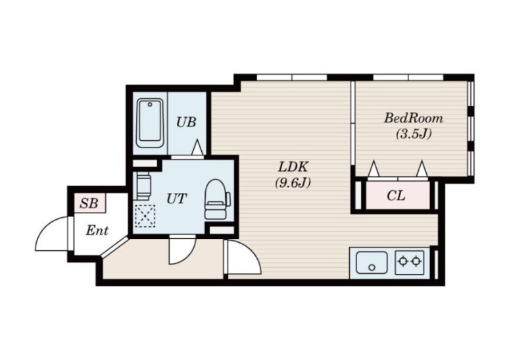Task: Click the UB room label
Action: coord(186,122)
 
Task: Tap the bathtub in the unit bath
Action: coord(150,123)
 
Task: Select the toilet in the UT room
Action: coord(217,199)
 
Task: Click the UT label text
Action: coord(176,199)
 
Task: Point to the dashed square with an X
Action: coord(145,216)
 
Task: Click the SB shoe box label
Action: coord(89,203)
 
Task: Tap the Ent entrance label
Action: coord(97,230)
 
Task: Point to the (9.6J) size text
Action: coord(293,183)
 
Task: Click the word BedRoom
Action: coord(413,118)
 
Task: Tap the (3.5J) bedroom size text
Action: coord(414,134)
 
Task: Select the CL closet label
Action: coord(396,195)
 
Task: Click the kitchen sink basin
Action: coord(372,262)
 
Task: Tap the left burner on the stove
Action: coord(403,261)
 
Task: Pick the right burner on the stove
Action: coord(416,261)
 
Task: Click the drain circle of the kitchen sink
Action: coord(372,267)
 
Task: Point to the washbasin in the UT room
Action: coord(143,186)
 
